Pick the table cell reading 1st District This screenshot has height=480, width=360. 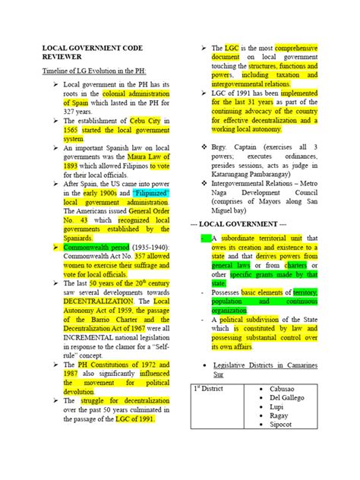[x=209, y=389]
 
